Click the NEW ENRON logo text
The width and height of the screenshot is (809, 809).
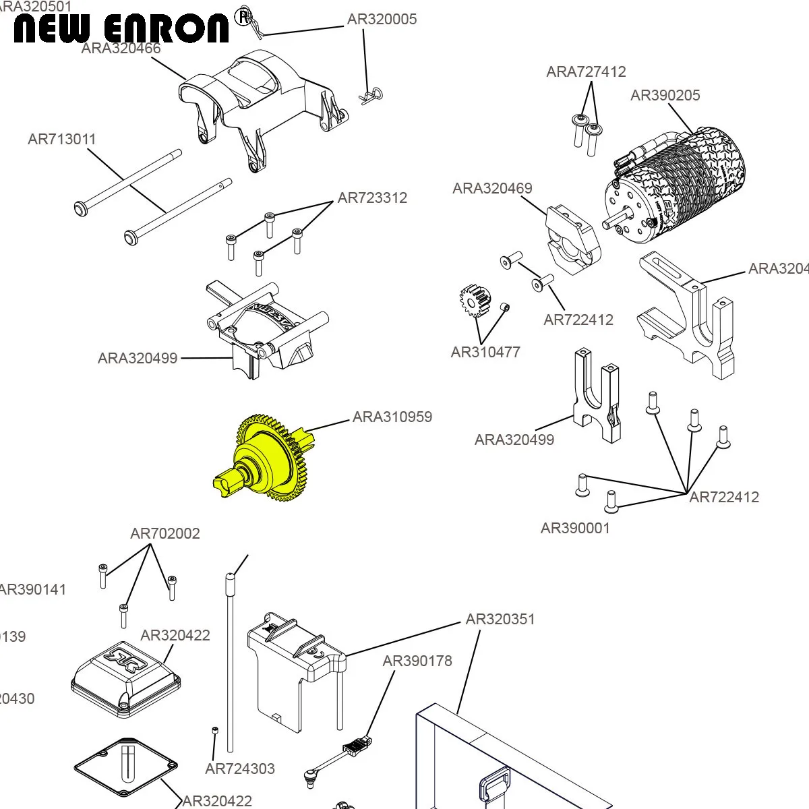point(121,29)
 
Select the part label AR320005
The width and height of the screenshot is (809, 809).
point(382,20)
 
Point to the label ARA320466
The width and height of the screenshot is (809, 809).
point(121,49)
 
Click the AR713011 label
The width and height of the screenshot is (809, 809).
point(62,140)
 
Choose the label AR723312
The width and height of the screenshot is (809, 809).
point(372,198)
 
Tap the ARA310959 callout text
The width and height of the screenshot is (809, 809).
point(392,417)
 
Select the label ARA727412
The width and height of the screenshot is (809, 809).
point(586,72)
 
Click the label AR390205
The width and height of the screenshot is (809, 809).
point(665,96)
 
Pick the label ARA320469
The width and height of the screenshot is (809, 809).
point(492,189)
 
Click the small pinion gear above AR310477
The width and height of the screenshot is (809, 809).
point(475,302)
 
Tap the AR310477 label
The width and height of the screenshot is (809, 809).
point(485,352)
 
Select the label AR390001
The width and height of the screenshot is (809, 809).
point(575,529)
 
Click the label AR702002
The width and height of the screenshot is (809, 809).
point(165,534)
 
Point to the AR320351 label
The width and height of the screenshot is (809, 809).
point(500,620)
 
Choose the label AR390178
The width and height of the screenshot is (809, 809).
point(417,661)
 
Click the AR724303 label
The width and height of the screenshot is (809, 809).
point(240,769)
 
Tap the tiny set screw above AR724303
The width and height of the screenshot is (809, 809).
point(215,731)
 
